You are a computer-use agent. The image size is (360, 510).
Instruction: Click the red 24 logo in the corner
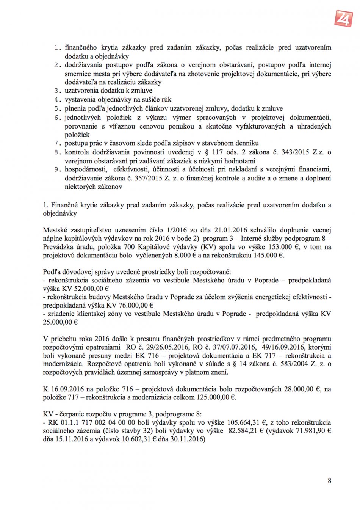coord(343,18)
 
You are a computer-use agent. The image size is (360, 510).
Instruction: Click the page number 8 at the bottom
coord(329,480)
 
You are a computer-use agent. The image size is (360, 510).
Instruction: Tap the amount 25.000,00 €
coord(60,322)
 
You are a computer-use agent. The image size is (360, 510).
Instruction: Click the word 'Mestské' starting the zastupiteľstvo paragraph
coord(55,230)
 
